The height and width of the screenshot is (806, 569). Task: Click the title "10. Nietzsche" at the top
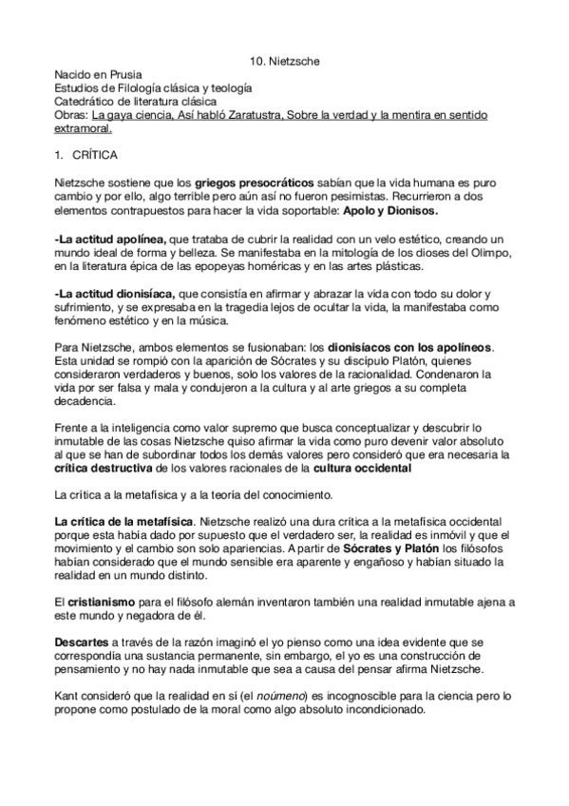tap(285, 62)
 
